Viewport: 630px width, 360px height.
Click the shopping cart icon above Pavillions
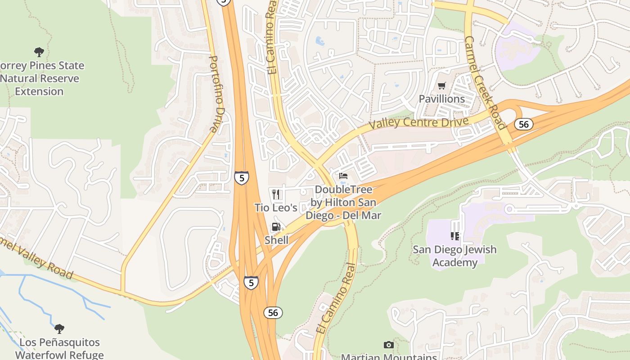[x=441, y=85]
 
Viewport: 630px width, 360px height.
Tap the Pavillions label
[x=441, y=99]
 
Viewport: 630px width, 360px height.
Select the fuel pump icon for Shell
[x=276, y=227]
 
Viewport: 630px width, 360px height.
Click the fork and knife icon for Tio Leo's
[x=276, y=194]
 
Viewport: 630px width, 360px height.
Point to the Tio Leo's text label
[x=276, y=208]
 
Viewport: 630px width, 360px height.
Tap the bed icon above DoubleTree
[x=343, y=176]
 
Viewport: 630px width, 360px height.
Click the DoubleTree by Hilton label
[x=343, y=202]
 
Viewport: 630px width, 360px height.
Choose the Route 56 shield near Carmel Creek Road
[x=524, y=124]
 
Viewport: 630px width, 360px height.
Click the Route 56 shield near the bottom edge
[x=273, y=312]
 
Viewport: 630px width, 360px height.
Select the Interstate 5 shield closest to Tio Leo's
[x=242, y=178]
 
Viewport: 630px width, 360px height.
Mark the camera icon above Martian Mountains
[x=389, y=345]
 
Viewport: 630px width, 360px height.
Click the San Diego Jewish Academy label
[x=454, y=256]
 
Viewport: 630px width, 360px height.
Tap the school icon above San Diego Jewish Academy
[x=454, y=236]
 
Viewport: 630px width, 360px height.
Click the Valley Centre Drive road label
[x=418, y=122]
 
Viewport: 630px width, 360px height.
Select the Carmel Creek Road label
[x=485, y=83]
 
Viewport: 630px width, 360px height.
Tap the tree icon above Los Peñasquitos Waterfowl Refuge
[x=59, y=328]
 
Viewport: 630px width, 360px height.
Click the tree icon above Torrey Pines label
[x=39, y=52]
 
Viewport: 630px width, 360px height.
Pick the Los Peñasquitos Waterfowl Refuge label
[x=59, y=349]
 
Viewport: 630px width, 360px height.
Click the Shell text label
[x=276, y=240]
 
